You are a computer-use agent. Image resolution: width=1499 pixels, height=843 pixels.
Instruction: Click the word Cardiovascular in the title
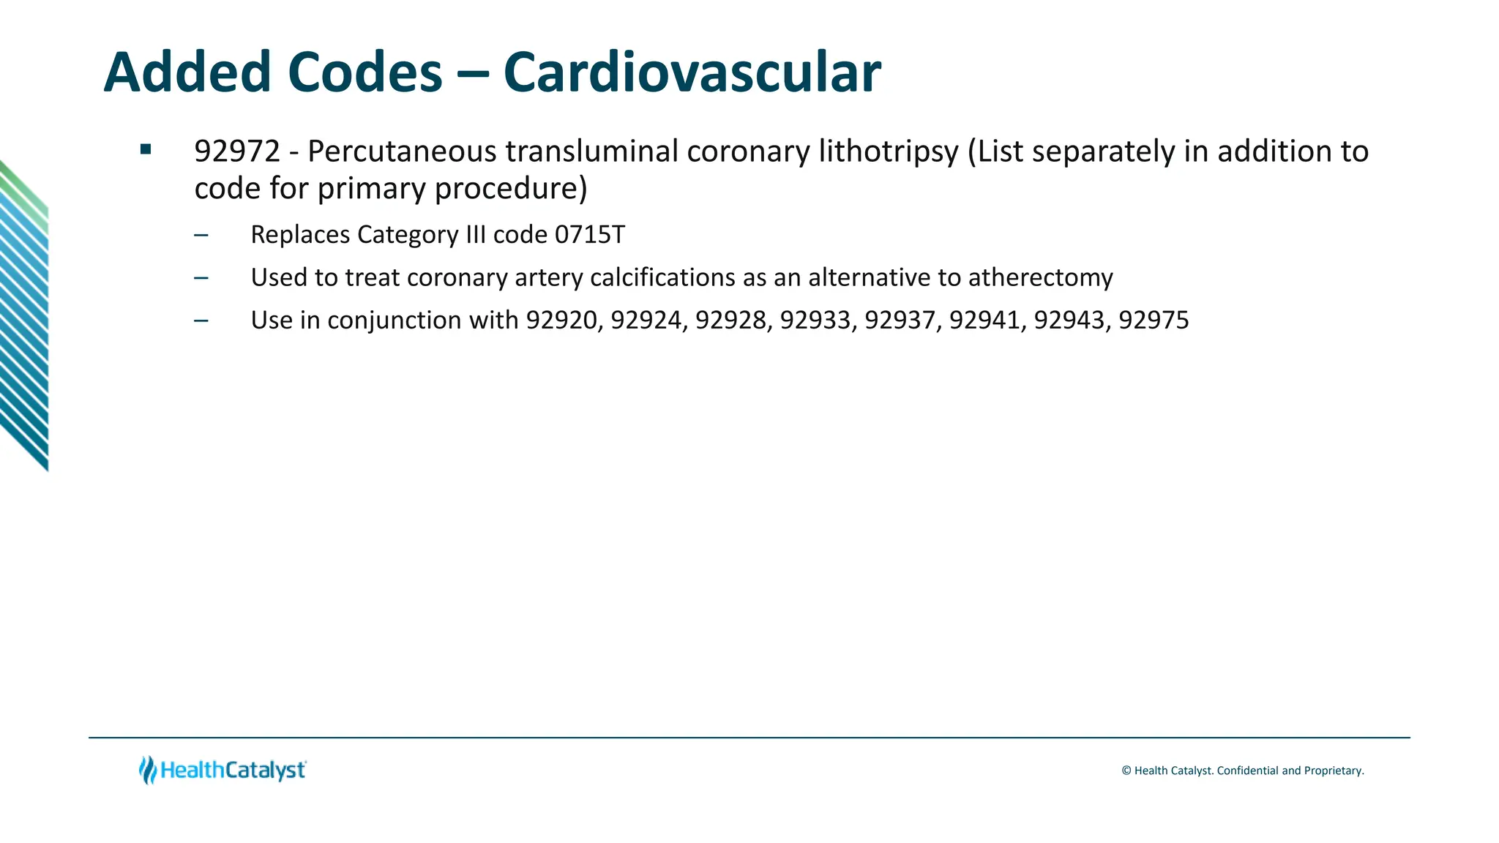point(692,73)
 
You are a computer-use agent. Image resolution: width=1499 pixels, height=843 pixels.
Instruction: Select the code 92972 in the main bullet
point(237,151)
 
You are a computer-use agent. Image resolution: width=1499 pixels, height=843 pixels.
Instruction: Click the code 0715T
point(590,235)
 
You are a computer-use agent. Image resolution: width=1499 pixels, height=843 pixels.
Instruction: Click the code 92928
point(731,321)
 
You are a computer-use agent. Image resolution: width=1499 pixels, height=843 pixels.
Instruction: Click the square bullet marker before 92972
point(146,150)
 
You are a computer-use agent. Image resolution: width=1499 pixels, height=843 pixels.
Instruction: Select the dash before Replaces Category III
point(201,236)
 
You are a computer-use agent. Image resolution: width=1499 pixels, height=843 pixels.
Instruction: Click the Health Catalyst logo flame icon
point(148,770)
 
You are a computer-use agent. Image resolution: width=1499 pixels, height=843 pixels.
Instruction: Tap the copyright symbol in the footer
point(1126,771)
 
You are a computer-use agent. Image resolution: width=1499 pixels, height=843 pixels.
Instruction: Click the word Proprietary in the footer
point(1334,771)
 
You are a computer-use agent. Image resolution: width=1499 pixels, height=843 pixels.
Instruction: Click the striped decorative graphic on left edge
point(24,315)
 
